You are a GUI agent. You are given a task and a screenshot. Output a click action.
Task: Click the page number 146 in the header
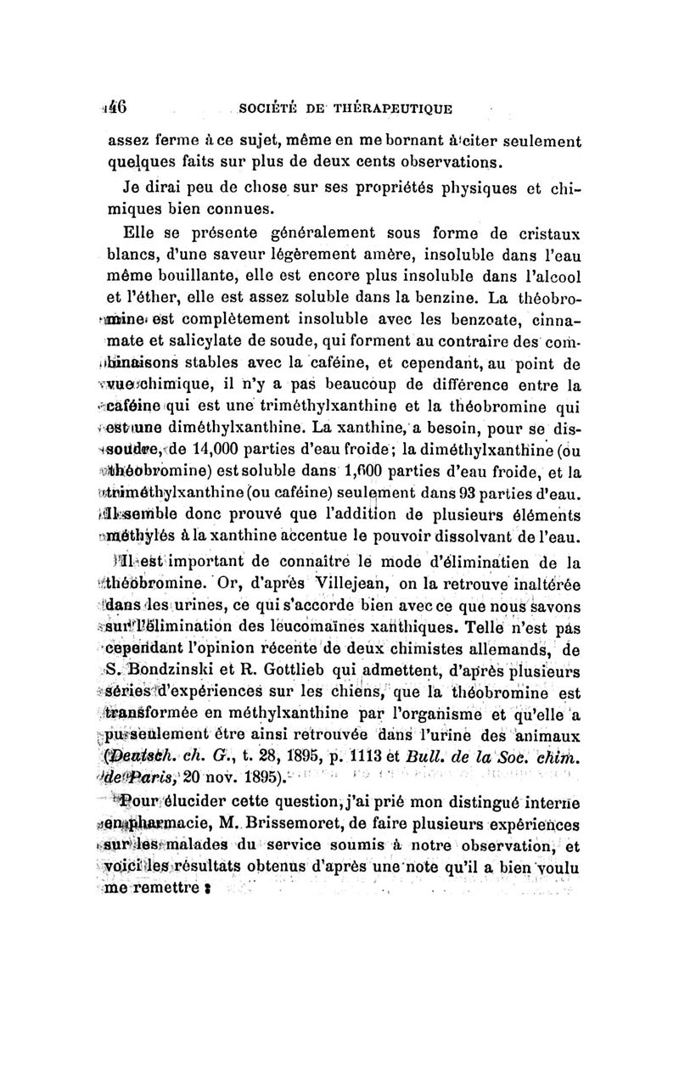point(115,108)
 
